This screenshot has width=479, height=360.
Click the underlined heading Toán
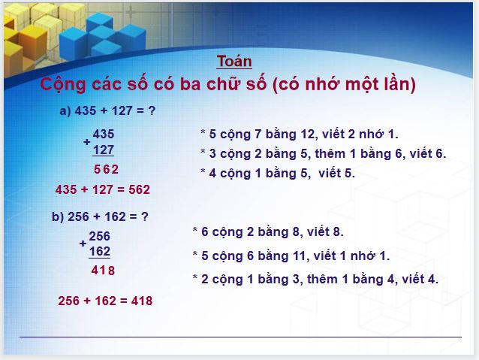234,62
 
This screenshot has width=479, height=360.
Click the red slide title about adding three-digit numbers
227,84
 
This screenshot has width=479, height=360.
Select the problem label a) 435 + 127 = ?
107,110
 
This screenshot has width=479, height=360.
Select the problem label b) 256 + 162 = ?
100,216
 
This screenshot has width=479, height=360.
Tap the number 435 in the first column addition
104,134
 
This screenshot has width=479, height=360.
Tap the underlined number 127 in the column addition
104,149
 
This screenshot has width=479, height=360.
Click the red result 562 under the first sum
106,169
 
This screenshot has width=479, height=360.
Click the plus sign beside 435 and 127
87,142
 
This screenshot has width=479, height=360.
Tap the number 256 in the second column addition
99,236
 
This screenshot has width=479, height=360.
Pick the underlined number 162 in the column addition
99,251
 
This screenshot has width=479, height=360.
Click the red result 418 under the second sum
103,271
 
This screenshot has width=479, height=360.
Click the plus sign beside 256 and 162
83,244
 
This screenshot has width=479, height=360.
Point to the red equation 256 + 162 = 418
105,301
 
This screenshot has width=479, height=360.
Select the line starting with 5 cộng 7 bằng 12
299,134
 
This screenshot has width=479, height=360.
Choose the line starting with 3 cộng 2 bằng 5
323,153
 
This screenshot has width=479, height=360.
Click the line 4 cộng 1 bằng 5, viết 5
277,173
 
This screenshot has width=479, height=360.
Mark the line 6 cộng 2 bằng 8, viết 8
268,232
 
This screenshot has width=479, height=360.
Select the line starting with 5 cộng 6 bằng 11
291,256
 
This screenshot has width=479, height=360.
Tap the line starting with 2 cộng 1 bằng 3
315,279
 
